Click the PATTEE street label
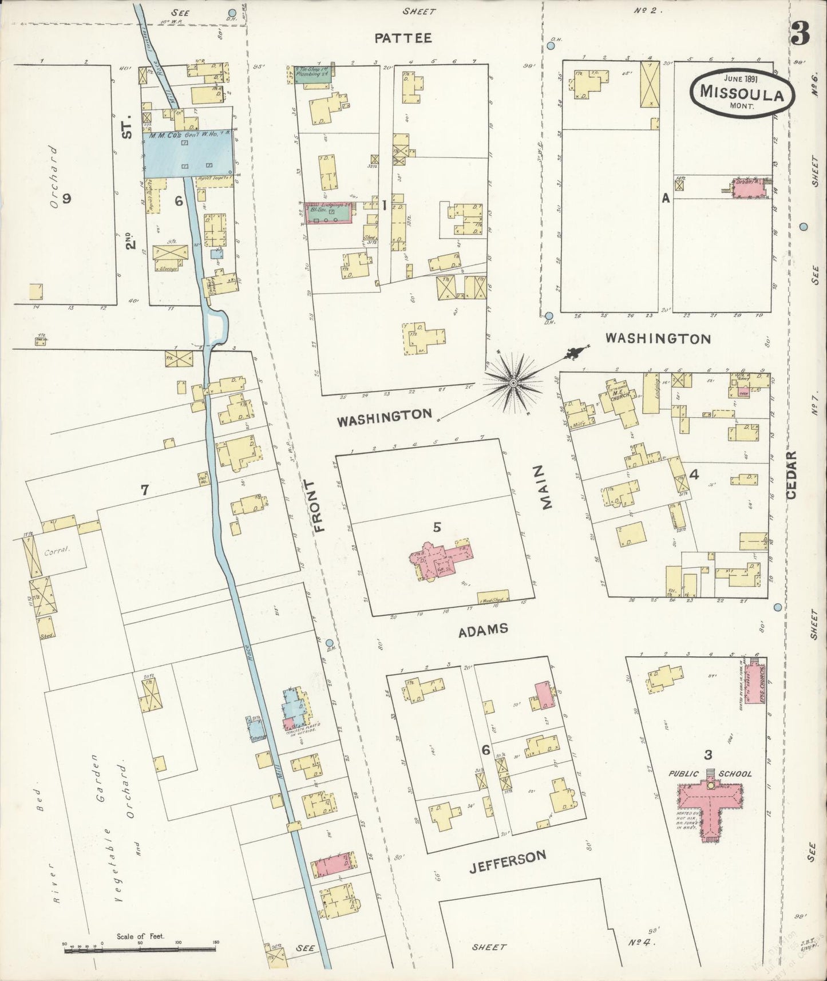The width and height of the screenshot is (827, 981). point(403,38)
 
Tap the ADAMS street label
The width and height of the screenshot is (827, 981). point(483,630)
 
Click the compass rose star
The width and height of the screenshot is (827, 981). point(513,382)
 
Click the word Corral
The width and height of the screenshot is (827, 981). point(56,553)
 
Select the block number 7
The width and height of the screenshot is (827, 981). point(145,490)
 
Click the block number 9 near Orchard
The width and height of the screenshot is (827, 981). point(67,199)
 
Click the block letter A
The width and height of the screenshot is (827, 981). point(665,199)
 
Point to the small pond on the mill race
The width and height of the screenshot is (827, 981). point(217,327)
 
